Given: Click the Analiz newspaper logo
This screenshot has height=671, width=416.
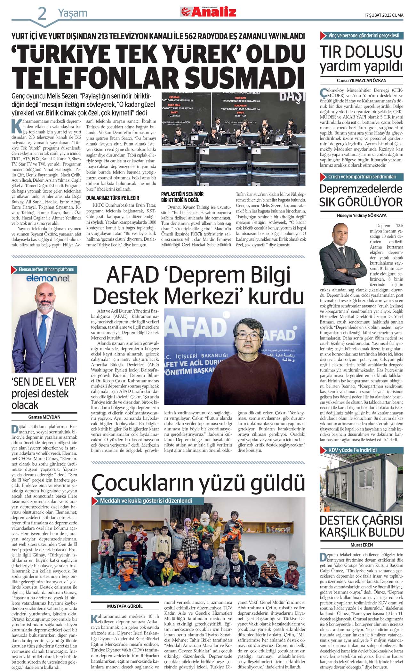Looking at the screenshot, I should tap(208, 12).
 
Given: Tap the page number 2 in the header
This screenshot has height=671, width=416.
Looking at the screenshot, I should tap(42, 14).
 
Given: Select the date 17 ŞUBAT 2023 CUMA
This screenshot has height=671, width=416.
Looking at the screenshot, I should tap(384, 15).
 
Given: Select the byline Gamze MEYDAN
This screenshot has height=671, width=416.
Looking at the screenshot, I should tap(44, 417).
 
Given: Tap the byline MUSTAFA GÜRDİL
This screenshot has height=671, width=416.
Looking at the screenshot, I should tap(125, 606).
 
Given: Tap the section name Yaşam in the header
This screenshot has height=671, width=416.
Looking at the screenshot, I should tap(73, 13).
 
